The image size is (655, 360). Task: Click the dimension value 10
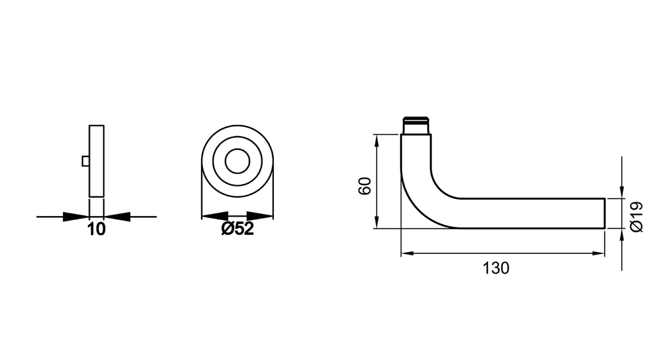pos(96,229)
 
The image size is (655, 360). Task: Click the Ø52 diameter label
pos(237,229)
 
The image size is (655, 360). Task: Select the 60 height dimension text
pos(365,186)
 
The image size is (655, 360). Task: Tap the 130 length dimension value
pos(496,268)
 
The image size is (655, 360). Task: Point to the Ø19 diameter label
pos(636,217)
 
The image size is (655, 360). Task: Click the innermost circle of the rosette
pos(237,161)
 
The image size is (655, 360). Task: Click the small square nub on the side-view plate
pos(86,161)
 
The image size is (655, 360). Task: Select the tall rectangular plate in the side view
pos(96,161)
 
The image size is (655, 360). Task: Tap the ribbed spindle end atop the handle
pos(415,125)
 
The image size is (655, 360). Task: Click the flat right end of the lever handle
pos(605,213)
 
